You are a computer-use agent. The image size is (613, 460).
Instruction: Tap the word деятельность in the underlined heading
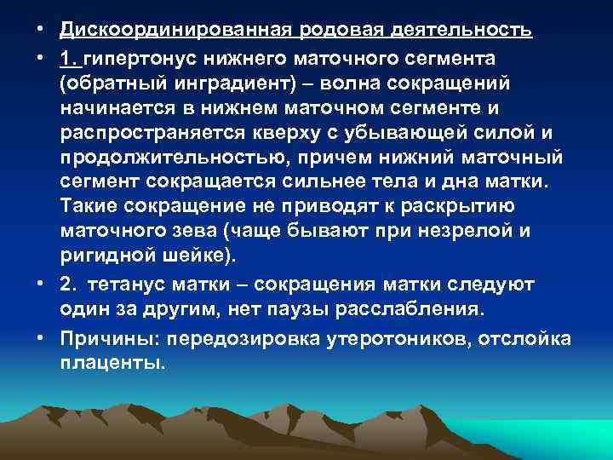point(461,31)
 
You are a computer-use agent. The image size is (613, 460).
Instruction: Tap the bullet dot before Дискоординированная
point(42,31)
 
